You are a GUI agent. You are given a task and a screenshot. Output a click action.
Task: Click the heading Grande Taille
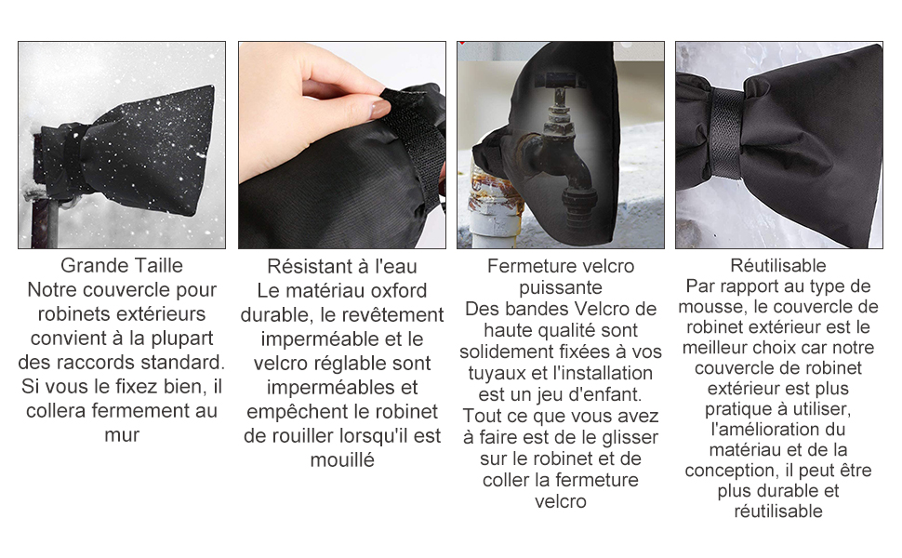tap(122, 265)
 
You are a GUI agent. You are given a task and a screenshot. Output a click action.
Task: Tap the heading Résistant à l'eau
tap(341, 266)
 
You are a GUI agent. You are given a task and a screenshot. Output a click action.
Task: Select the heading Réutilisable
tap(777, 265)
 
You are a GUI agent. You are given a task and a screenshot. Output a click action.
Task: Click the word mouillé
tap(342, 459)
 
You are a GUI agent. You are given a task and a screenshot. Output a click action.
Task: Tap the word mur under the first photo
tap(122, 435)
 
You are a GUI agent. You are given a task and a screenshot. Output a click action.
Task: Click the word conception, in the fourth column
tap(728, 472)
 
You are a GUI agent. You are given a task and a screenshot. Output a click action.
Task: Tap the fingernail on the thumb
tap(379, 109)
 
